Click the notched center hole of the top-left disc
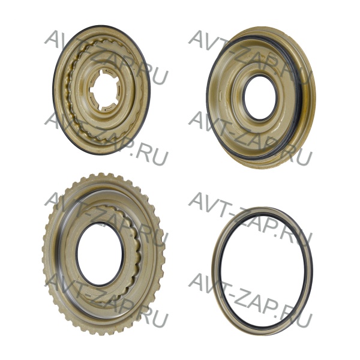[100, 91]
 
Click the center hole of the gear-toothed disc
[100, 251]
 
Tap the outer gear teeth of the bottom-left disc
[46, 253]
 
